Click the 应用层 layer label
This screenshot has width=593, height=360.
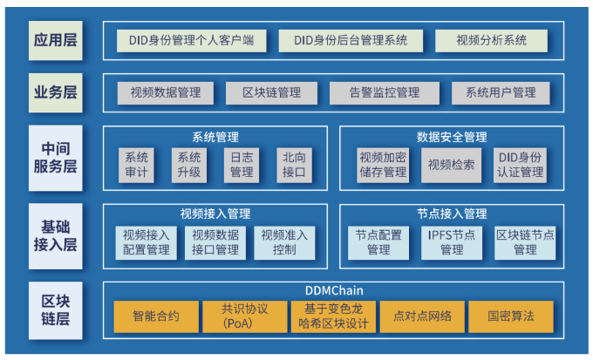(56, 40)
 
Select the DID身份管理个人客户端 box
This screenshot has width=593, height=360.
(192, 40)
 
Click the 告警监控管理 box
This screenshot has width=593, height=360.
(384, 92)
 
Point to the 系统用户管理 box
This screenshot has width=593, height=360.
(501, 92)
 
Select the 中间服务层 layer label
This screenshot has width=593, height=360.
(56, 158)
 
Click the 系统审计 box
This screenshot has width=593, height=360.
(137, 165)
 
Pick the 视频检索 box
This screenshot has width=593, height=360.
(452, 165)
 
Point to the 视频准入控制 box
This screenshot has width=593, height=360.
(284, 242)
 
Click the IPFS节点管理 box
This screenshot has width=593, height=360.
(452, 242)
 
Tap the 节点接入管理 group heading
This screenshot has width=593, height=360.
(452, 214)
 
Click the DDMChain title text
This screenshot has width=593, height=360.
(334, 290)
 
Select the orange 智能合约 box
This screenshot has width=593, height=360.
(156, 316)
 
